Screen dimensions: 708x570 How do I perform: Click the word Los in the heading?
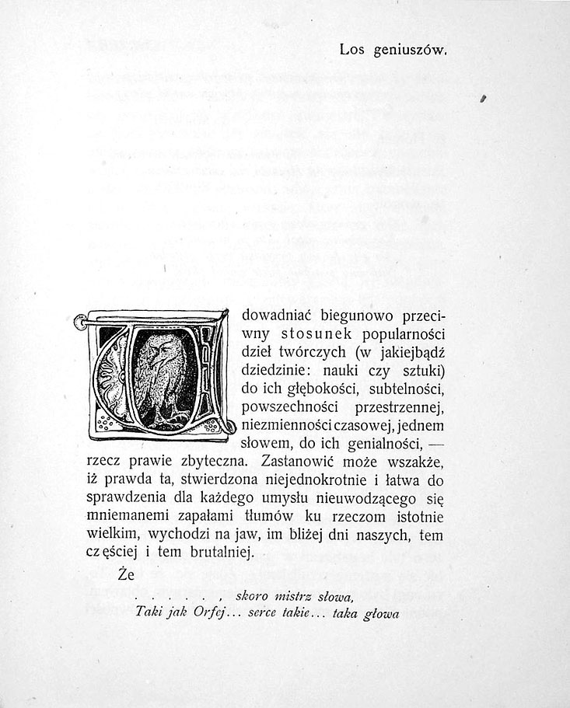pos(351,51)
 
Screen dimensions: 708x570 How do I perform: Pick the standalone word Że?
pos(127,576)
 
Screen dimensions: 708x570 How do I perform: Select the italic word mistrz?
pos(285,597)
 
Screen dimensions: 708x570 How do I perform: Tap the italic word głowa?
pos(381,613)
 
